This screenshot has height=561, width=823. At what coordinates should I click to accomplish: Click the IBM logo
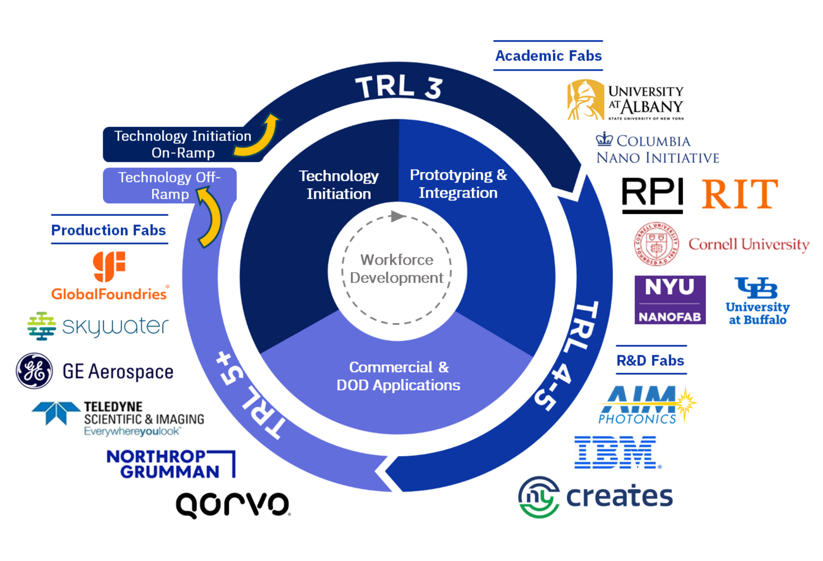[x=617, y=452]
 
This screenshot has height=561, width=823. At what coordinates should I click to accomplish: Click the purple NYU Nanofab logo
[x=670, y=300]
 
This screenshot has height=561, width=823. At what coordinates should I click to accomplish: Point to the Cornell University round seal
[x=656, y=244]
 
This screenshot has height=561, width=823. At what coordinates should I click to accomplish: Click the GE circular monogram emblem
[x=34, y=370]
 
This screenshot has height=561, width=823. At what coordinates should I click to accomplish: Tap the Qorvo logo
[x=233, y=504]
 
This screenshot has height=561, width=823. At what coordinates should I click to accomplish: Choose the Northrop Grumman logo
[x=171, y=464]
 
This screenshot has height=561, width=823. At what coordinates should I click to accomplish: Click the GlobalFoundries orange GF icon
[x=109, y=266]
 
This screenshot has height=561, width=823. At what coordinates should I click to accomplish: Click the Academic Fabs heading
[x=548, y=56]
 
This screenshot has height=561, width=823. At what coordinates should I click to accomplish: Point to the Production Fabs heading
[x=108, y=230]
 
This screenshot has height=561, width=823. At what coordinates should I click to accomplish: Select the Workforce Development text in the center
[x=397, y=269]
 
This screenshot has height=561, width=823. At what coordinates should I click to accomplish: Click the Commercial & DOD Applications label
[x=398, y=376]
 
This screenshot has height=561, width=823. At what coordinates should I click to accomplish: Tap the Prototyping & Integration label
[x=458, y=184]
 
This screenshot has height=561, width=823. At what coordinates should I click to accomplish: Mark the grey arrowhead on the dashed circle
[x=397, y=216]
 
